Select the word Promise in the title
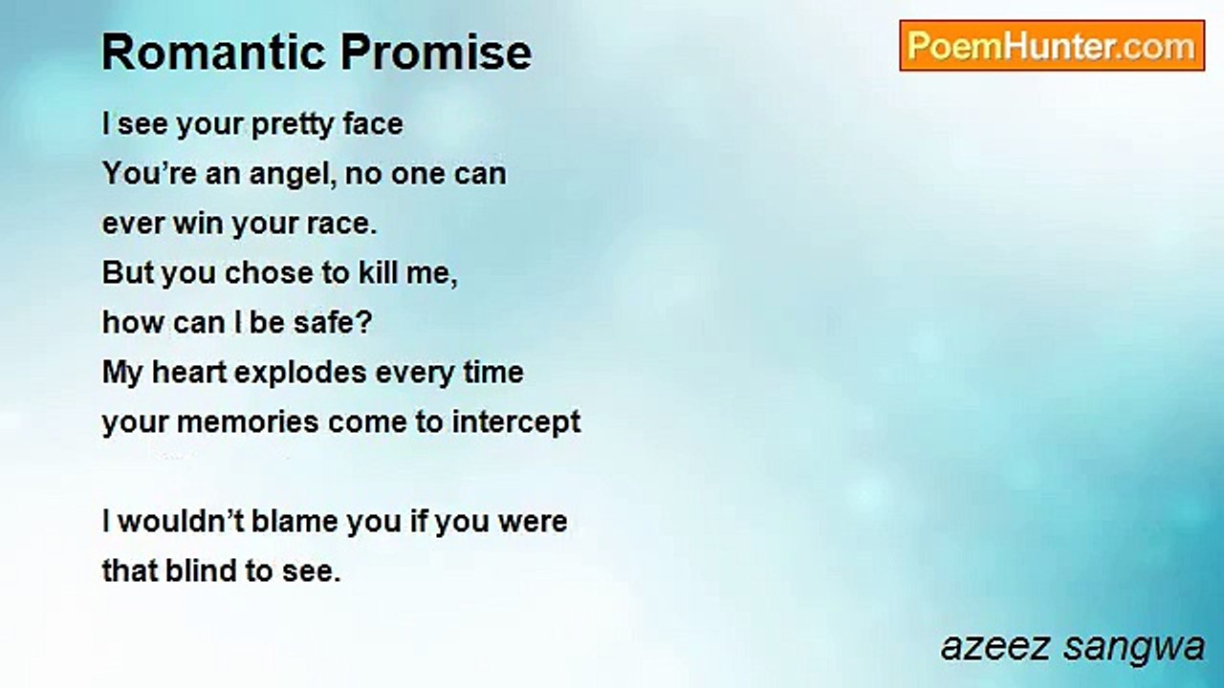pos(436,53)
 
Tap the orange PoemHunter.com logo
pos(1052,46)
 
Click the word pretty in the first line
pos(293,125)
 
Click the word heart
pos(188,372)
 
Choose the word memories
pos(248,422)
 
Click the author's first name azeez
pos(995,647)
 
